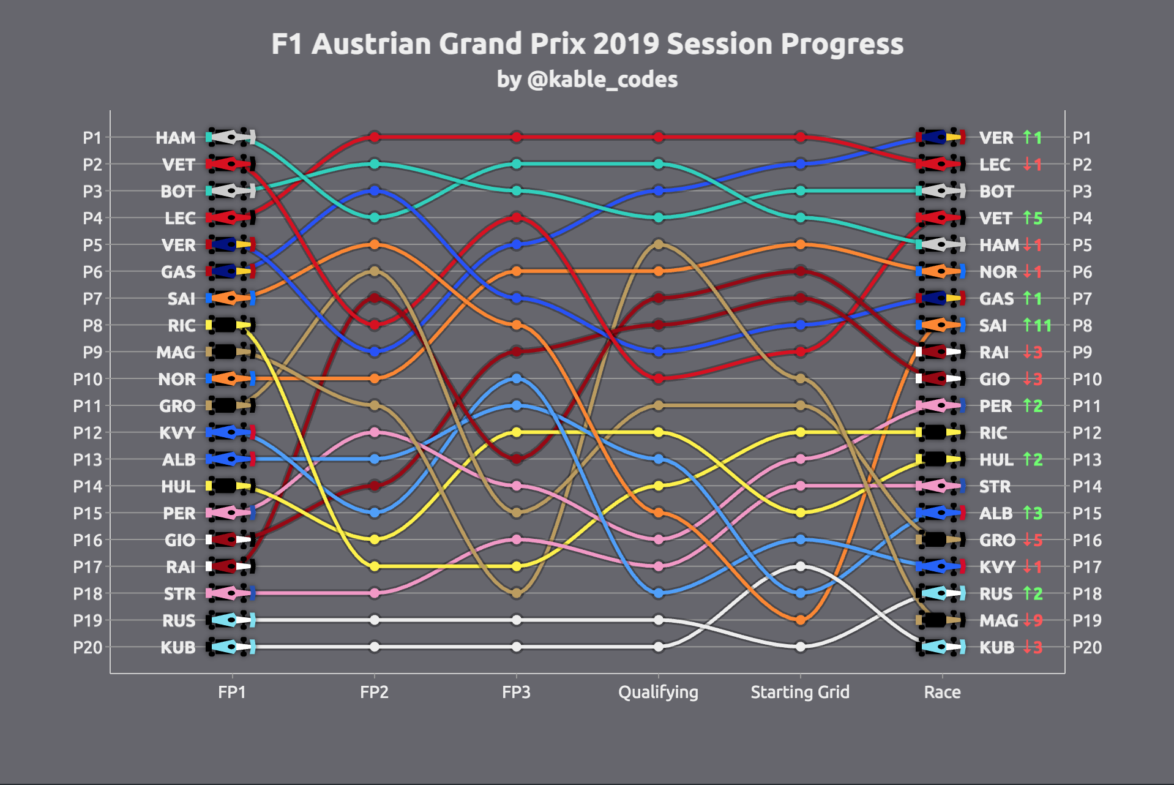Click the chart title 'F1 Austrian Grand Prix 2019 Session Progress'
(587, 44)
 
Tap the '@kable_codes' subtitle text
(602, 80)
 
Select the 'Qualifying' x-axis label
(658, 692)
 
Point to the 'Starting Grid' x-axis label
(800, 692)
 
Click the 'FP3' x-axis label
(516, 692)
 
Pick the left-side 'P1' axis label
(92, 138)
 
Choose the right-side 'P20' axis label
(1087, 647)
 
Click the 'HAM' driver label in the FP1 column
(176, 138)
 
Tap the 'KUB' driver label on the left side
(178, 647)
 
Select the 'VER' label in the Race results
(996, 138)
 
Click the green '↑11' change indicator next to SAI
(1038, 325)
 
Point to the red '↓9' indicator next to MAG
(1033, 620)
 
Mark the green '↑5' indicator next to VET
(1033, 218)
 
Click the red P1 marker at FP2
(375, 137)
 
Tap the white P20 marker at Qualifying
(659, 647)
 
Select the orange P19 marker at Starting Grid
(801, 620)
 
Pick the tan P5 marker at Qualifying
(659, 244)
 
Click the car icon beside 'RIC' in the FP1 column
(230, 325)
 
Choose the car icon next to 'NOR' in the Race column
(940, 271)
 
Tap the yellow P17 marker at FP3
(517, 566)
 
